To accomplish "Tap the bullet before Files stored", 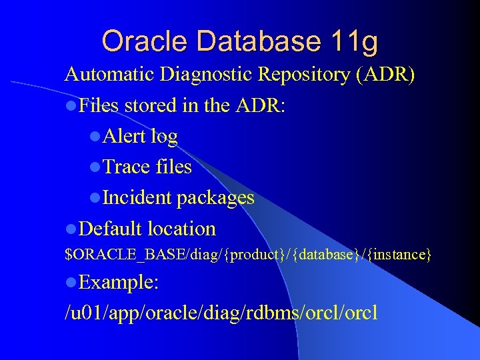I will [x=71, y=106].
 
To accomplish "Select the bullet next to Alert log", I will [x=95, y=137].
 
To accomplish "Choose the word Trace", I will [x=127, y=167].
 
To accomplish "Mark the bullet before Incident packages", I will [x=95, y=198].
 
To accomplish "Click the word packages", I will [x=215, y=199].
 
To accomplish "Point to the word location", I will [x=182, y=229].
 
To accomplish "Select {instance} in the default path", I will [x=398, y=255].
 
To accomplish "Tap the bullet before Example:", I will [x=71, y=283].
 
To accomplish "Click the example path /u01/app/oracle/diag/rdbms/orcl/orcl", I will [x=221, y=312].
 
